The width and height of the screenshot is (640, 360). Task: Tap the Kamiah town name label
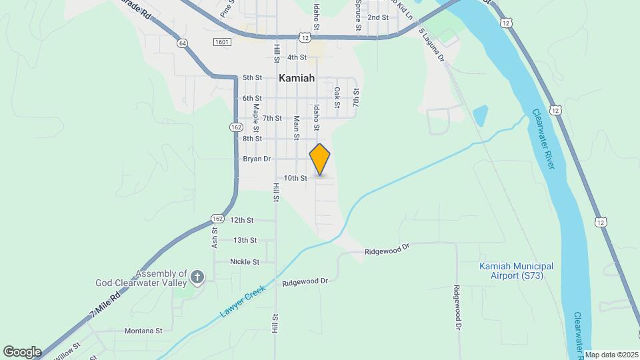(296, 78)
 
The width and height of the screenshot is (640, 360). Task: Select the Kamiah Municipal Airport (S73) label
(517, 271)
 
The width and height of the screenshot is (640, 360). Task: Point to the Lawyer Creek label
(243, 302)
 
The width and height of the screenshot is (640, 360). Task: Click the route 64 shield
(182, 43)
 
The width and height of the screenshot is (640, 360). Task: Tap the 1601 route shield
(222, 42)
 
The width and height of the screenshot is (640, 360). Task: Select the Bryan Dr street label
(257, 159)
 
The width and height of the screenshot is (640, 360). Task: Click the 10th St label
(295, 178)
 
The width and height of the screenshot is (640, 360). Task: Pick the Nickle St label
(245, 262)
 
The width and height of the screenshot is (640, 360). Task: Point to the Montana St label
(143, 330)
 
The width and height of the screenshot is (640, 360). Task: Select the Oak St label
(337, 97)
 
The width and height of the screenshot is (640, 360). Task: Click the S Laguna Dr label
(431, 44)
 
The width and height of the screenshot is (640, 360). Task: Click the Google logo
(22, 351)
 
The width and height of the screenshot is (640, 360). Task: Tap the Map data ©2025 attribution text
(611, 355)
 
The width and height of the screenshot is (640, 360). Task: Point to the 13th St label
(245, 240)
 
